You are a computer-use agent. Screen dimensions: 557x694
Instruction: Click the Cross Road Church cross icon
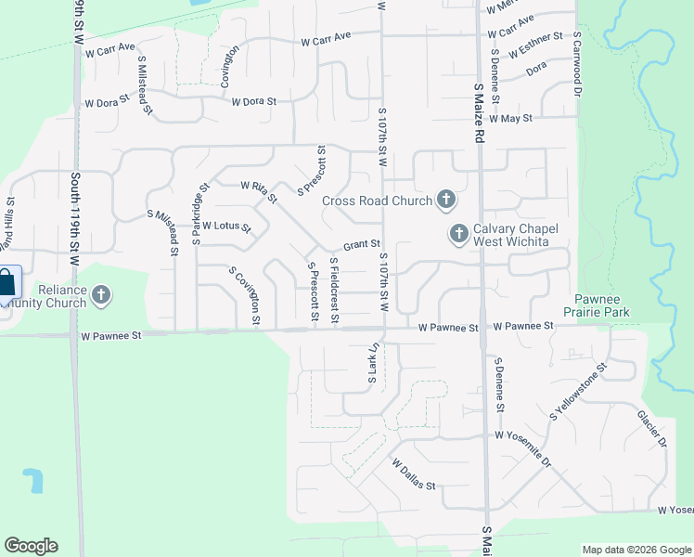click(446, 200)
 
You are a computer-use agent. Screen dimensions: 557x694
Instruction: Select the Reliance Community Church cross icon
click(101, 296)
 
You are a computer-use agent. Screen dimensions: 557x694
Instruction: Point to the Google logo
click(31, 546)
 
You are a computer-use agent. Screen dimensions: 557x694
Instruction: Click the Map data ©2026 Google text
click(636, 550)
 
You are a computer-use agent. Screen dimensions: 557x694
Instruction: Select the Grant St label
click(363, 246)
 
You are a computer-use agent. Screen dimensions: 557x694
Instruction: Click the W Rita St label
click(259, 191)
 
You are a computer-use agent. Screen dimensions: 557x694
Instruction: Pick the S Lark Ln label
click(374, 365)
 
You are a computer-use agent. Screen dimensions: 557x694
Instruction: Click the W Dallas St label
click(414, 473)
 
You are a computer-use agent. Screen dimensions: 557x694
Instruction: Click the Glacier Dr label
click(651, 428)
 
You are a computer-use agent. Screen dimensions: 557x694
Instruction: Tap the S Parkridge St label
click(197, 218)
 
